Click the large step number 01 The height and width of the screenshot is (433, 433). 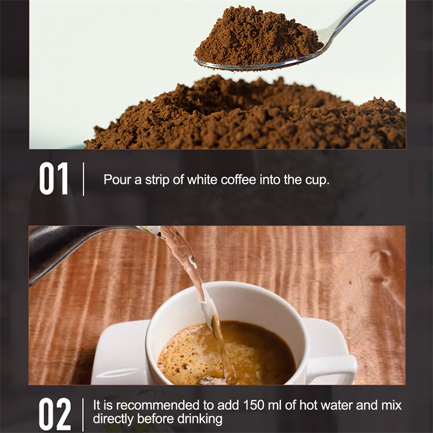pos(54,179)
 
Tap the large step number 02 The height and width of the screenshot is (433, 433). pos(55,414)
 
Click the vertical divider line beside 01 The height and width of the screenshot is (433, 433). pos(83,179)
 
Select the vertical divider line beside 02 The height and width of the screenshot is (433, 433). pos(83,414)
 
